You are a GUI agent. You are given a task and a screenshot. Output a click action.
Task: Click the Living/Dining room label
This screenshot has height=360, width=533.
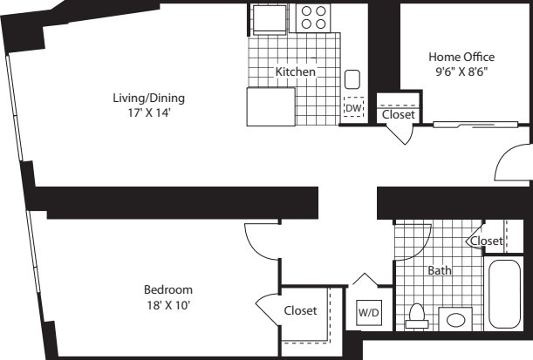(148, 98)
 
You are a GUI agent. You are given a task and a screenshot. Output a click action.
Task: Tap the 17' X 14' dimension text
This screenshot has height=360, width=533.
(148, 112)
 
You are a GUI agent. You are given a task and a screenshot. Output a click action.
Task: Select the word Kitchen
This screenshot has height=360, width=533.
(296, 71)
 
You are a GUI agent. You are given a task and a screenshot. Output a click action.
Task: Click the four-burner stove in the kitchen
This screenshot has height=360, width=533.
(314, 18)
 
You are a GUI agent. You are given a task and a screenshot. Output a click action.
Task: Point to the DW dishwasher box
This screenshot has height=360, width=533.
(353, 108)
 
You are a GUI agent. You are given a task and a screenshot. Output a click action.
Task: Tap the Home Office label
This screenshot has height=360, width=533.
(461, 57)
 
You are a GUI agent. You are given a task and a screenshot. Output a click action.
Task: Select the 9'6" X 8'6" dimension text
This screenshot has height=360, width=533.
(461, 71)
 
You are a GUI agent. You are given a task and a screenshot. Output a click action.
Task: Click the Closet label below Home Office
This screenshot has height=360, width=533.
(399, 114)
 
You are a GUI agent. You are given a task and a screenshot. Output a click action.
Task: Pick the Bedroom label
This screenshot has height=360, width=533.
(168, 289)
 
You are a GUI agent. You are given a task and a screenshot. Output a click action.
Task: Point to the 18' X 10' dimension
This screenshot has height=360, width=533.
(168, 304)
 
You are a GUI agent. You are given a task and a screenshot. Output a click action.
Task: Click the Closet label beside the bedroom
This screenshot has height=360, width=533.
(300, 310)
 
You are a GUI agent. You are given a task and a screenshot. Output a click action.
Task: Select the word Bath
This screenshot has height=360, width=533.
(439, 271)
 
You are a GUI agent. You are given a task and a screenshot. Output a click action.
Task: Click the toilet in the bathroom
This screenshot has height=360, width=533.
(417, 314)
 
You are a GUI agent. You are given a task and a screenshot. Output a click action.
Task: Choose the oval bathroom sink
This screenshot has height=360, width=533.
(456, 319)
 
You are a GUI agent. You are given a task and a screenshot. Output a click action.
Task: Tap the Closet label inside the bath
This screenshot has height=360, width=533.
(486, 241)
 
